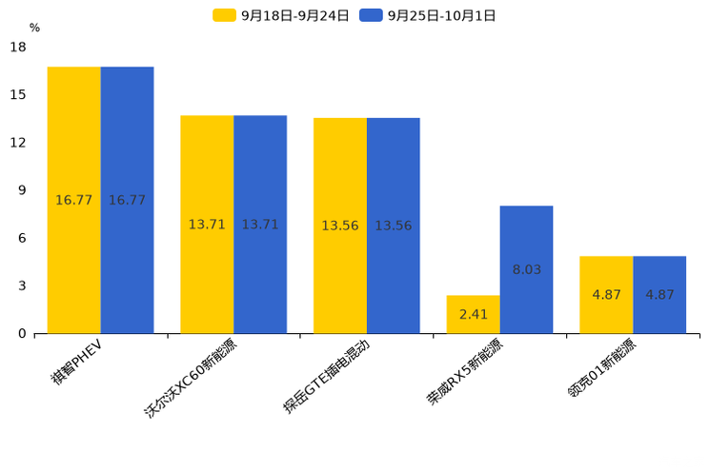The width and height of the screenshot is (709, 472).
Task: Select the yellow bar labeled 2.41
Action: pyautogui.click(x=473, y=314)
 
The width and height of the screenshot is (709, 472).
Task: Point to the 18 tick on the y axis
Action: pyautogui.click(x=18, y=47)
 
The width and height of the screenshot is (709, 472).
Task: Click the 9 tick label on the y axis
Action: pyautogui.click(x=22, y=190)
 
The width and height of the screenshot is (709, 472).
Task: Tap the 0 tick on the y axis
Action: pyautogui.click(x=22, y=334)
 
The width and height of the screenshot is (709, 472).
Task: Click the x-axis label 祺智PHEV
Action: pyautogui.click(x=78, y=361)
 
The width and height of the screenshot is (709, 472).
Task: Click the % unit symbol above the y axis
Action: pyautogui.click(x=34, y=28)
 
